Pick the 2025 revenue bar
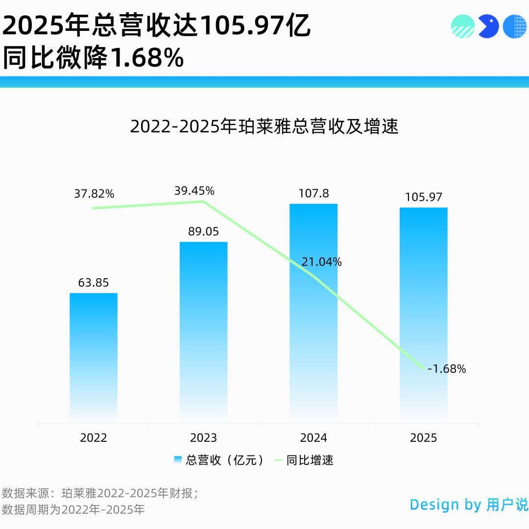click(x=423, y=314)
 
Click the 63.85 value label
click(x=94, y=283)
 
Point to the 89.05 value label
click(x=203, y=231)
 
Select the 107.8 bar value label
click(x=313, y=193)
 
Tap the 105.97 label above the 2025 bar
click(x=423, y=197)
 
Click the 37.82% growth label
click(x=94, y=193)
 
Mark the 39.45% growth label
click(x=194, y=191)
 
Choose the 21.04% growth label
click(x=321, y=262)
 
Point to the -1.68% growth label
click(x=446, y=369)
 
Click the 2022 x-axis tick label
click(x=94, y=437)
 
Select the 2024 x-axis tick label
click(x=313, y=437)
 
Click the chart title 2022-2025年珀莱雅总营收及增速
click(x=264, y=126)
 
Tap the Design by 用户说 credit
click(x=469, y=505)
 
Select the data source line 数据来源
click(x=100, y=493)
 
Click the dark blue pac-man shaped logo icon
click(x=488, y=26)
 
